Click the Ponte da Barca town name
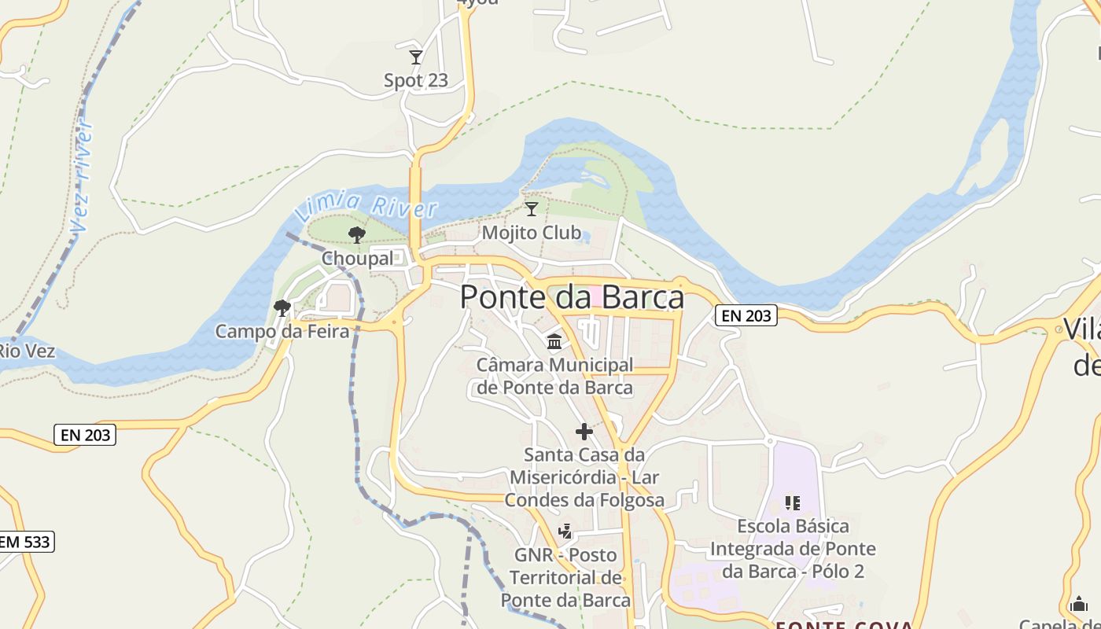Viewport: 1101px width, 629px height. [x=572, y=297]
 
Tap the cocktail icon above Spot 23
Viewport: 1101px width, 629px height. [x=416, y=57]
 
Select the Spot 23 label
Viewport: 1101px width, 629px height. [x=416, y=80]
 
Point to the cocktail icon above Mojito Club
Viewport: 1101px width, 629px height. [x=532, y=209]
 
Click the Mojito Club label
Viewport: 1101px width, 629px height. [x=532, y=233]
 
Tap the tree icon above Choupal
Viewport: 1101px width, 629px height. [x=356, y=234]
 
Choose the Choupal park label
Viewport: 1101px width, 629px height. [x=358, y=258]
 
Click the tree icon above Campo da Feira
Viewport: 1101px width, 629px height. [x=282, y=307]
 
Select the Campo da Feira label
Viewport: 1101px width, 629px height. [x=282, y=331]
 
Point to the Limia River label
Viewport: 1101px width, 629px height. [x=366, y=207]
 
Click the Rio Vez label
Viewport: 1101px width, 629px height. [x=26, y=350]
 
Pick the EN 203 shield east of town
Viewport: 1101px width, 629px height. [x=746, y=315]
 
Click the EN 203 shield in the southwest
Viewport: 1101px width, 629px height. [x=87, y=434]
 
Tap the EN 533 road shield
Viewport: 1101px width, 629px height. [x=25, y=541]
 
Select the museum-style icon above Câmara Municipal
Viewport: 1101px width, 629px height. [x=554, y=341]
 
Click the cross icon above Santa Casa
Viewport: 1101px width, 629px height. [x=584, y=431]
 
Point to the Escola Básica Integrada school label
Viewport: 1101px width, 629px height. [x=793, y=548]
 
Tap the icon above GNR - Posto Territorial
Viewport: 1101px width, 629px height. [x=565, y=532]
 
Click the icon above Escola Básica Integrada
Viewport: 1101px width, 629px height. [x=793, y=502]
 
